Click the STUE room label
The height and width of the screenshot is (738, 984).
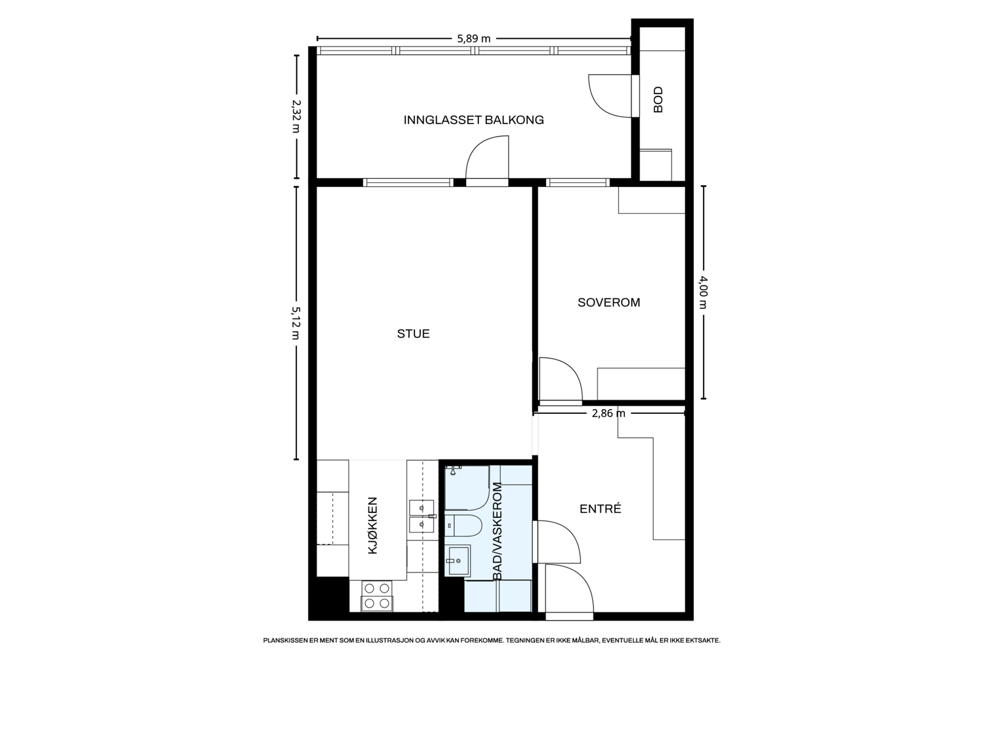tap(413, 333)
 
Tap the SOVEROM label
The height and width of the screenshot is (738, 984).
tap(608, 303)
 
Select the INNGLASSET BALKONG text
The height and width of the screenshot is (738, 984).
tap(474, 120)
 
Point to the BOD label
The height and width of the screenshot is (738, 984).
tap(657, 100)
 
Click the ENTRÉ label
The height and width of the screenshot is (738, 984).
tap(600, 509)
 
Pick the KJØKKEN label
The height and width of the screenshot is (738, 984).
tap(373, 526)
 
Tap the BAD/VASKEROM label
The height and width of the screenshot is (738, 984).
tap(497, 531)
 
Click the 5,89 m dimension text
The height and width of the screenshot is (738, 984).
tap(474, 39)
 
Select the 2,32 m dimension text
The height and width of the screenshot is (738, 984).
tap(296, 116)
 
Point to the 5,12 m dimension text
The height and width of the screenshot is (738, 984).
tap(296, 323)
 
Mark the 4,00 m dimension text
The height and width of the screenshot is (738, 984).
tap(703, 292)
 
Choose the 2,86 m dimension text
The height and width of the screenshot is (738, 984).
tap(608, 413)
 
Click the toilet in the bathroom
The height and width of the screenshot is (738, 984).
tap(463, 526)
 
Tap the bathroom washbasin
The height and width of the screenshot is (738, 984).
tap(458, 560)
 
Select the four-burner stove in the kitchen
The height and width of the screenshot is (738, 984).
tap(377, 596)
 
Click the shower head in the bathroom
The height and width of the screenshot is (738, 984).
tap(453, 470)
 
